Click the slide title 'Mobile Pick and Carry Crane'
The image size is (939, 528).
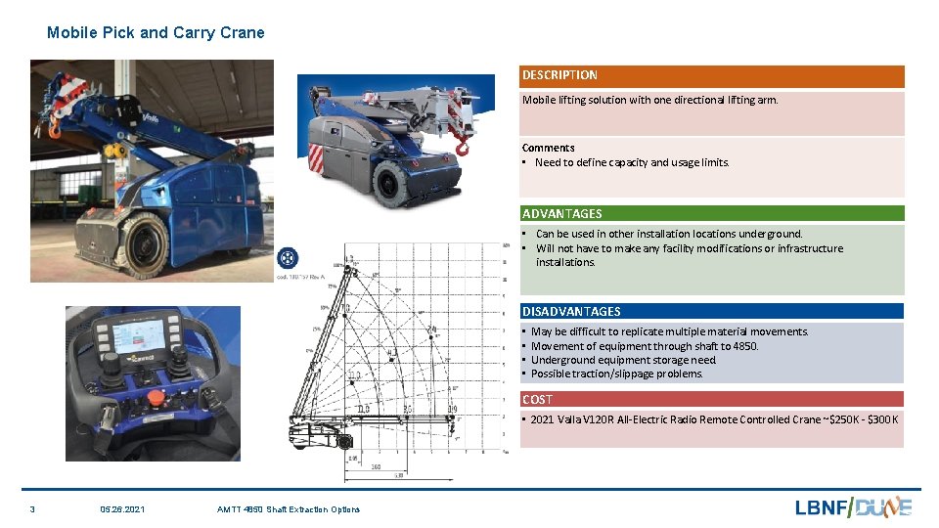(x=156, y=32)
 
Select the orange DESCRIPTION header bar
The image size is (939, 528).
(x=711, y=75)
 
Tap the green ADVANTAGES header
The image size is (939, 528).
(x=711, y=213)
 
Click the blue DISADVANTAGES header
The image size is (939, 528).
(x=711, y=311)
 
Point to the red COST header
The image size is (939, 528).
(x=711, y=399)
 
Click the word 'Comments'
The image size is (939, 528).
(x=548, y=148)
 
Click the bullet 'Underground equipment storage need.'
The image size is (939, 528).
(x=623, y=360)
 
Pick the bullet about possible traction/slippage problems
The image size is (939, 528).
(x=616, y=374)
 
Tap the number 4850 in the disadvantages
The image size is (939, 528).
(x=744, y=346)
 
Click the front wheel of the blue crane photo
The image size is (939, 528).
(x=147, y=242)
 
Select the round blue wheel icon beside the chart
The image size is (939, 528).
(x=289, y=258)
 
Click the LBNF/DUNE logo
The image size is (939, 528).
(x=853, y=506)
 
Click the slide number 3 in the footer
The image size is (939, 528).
(x=32, y=508)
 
